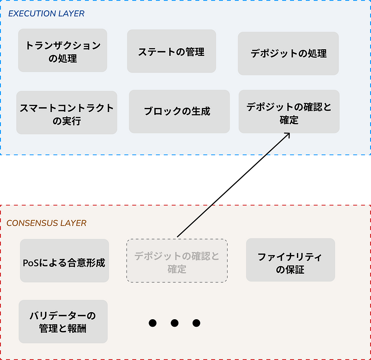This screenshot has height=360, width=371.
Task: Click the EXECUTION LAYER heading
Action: tap(46, 14)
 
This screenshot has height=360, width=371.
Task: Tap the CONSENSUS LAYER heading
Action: tap(46, 223)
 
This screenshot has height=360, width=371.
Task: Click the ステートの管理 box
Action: tap(171, 52)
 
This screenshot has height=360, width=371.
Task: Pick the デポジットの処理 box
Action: tap(288, 53)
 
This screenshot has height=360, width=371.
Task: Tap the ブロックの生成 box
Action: tap(179, 112)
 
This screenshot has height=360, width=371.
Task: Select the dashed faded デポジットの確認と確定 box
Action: tap(177, 261)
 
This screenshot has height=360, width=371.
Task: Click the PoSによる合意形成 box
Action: tap(64, 261)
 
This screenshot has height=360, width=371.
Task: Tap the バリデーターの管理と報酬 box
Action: tap(63, 322)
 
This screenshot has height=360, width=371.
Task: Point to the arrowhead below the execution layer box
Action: tap(287, 135)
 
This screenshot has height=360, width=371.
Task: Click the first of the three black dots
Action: tap(152, 323)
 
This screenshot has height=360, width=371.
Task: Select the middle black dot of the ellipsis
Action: tap(174, 323)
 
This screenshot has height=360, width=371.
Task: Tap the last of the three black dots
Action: tap(197, 323)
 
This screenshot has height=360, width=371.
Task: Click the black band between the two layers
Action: tap(185, 180)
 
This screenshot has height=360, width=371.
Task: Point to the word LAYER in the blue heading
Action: tap(71, 14)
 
